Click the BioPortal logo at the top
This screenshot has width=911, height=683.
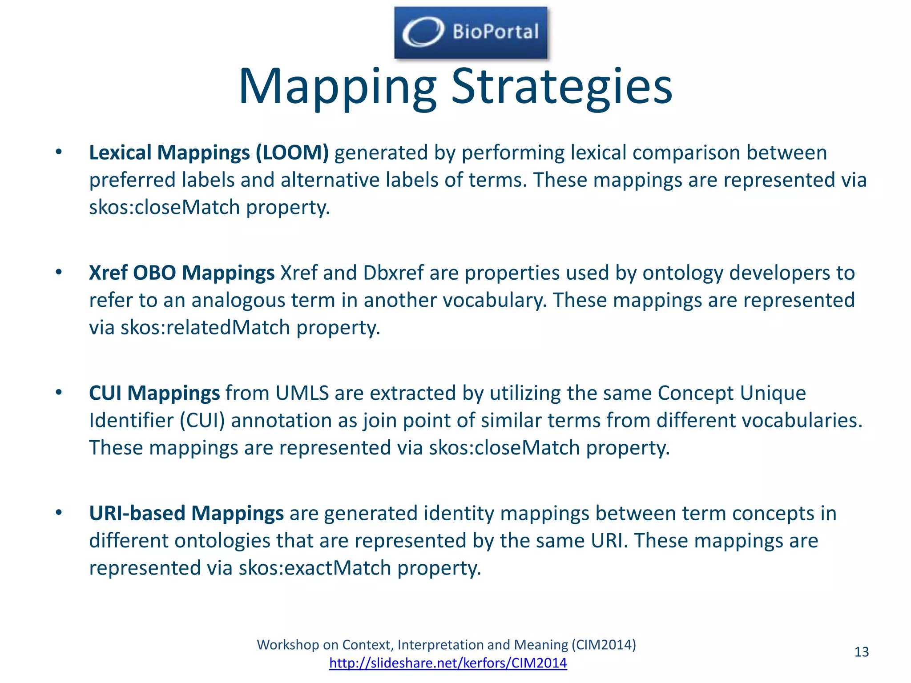[x=471, y=32]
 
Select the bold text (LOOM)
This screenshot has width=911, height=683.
[x=292, y=153]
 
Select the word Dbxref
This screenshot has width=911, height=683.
[x=393, y=273]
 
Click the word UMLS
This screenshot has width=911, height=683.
[x=302, y=393]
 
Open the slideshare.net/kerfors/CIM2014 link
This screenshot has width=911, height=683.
[x=448, y=663]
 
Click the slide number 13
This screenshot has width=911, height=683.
[x=861, y=652]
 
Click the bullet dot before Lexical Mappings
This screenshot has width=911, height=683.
[x=59, y=152]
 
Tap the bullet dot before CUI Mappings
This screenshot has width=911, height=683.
[x=59, y=393]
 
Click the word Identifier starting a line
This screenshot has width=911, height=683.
[x=131, y=421]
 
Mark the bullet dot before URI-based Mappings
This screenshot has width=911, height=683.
[x=59, y=513]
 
